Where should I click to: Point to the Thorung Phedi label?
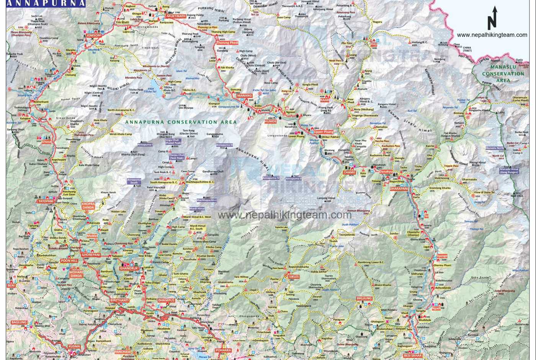click(228, 43)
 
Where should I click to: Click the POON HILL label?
click(69, 261)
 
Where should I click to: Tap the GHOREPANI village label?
click(90, 255)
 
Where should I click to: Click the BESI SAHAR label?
click(413, 355)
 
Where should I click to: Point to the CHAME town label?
click(349, 173)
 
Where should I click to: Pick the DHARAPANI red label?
click(399, 189)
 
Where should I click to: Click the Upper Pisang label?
click(324, 132)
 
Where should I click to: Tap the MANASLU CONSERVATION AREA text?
click(503, 74)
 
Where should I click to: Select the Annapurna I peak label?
click(145, 145)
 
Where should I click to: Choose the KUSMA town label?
click(74, 347)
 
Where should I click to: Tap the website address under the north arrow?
click(492, 35)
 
